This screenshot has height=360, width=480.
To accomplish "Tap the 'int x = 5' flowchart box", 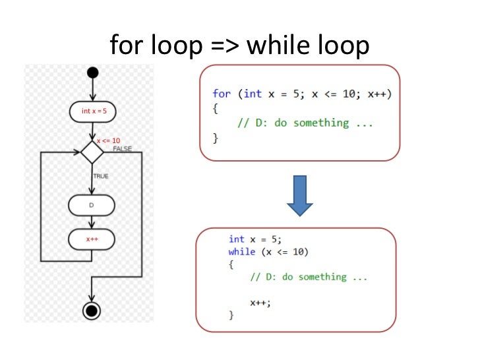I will [92, 111].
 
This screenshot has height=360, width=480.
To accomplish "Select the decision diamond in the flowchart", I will [92, 152].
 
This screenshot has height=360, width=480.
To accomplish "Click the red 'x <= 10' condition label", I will [108, 140].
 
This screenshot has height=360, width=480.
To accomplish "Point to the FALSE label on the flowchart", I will [122, 149].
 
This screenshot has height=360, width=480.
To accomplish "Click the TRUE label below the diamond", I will [100, 176].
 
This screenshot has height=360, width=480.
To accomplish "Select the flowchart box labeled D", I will [92, 206].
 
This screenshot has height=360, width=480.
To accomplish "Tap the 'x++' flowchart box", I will [92, 239].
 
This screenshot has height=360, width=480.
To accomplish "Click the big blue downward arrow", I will [300, 195].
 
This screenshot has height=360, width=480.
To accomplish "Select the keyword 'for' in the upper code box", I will [221, 94].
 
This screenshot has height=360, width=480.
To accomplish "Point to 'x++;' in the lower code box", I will [260, 302].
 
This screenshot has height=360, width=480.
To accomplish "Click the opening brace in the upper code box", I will [215, 109].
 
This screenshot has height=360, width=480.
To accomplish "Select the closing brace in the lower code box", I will [231, 315].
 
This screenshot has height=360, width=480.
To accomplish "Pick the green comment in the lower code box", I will [309, 277].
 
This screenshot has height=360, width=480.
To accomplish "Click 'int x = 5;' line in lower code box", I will [258, 239].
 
